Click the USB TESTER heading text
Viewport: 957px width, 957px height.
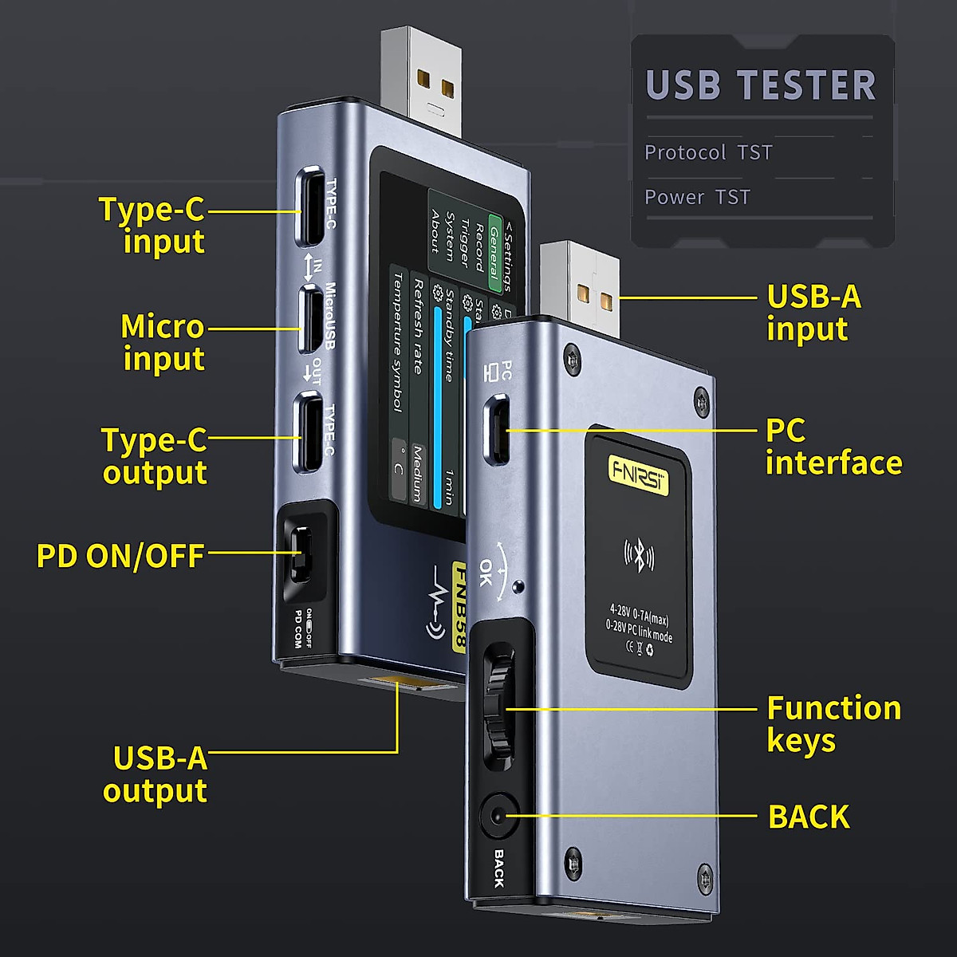point(760,85)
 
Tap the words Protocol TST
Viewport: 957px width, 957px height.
point(708,152)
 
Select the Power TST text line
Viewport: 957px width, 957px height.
point(697,197)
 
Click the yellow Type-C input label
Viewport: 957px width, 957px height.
point(152,225)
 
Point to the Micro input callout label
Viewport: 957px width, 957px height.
point(163,342)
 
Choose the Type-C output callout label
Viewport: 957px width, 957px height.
point(154,456)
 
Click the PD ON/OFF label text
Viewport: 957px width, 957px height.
point(120,556)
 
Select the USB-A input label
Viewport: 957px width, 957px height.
point(813,313)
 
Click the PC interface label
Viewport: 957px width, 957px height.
point(833,447)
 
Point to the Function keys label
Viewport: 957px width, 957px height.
point(833,724)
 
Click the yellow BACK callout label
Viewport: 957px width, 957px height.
point(809,817)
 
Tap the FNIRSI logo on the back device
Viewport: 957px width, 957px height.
point(639,469)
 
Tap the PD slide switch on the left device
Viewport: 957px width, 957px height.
point(302,555)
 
